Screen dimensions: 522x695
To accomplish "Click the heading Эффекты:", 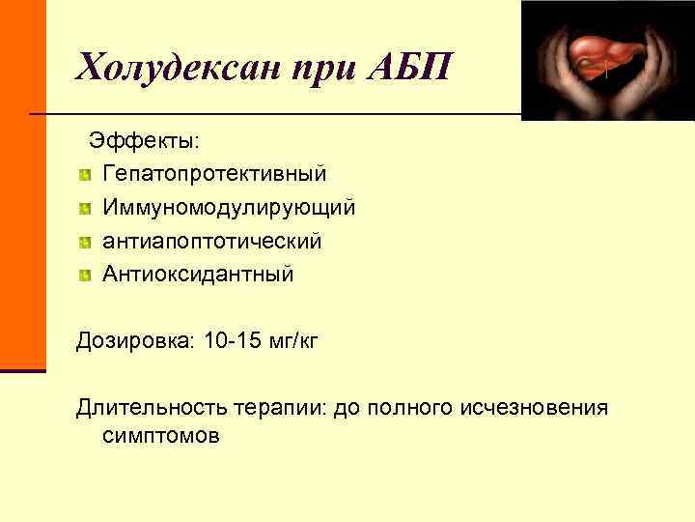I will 145,140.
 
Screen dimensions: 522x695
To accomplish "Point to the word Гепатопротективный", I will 214,174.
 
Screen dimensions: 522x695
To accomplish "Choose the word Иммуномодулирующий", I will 229,208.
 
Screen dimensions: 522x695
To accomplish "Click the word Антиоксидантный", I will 198,275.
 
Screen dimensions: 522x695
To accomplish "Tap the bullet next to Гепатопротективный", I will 86,175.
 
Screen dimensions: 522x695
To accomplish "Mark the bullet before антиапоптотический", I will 86,242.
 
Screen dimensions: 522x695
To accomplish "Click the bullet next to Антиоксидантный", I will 86,275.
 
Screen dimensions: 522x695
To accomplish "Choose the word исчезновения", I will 542,407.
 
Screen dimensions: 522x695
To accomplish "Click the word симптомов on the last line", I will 159,437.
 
